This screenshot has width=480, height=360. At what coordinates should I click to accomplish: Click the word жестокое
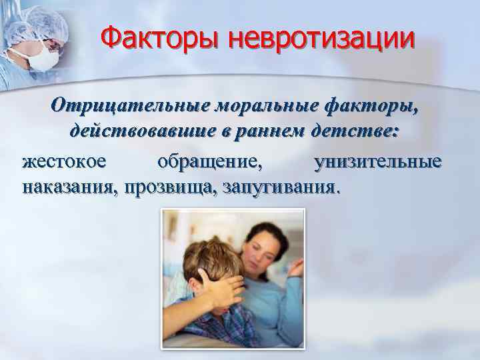pos(64,161)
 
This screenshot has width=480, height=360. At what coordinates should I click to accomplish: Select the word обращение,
pos(211,161)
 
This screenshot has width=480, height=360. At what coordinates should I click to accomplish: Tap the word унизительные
pos(377,161)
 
